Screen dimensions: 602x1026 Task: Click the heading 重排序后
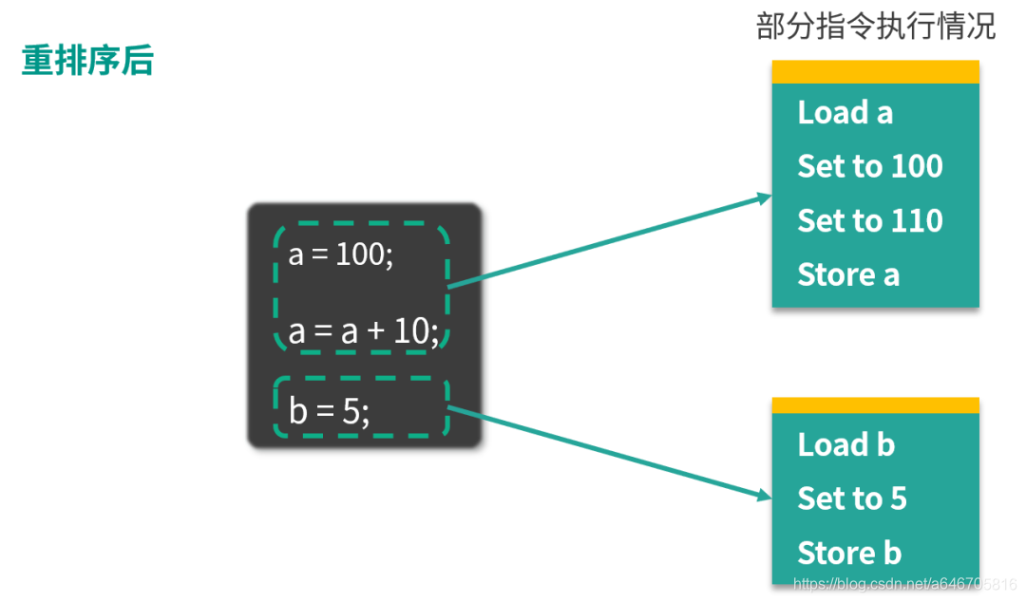pyautogui.click(x=87, y=61)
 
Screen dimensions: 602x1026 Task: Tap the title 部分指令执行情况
pyautogui.click(x=875, y=26)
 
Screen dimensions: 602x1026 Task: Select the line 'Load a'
pyautogui.click(x=845, y=112)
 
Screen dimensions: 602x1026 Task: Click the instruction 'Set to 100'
pyautogui.click(x=869, y=166)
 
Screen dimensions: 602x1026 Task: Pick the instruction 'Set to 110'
pyautogui.click(x=869, y=220)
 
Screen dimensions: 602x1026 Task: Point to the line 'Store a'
pyautogui.click(x=847, y=274)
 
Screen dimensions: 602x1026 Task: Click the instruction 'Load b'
pyautogui.click(x=845, y=444)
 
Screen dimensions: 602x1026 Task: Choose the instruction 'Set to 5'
pyautogui.click(x=851, y=499)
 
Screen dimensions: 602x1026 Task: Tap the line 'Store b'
pyautogui.click(x=849, y=553)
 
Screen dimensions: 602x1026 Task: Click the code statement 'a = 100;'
pyautogui.click(x=340, y=255)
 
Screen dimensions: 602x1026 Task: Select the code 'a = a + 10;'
pyautogui.click(x=364, y=332)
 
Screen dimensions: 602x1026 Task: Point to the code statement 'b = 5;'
pyautogui.click(x=329, y=411)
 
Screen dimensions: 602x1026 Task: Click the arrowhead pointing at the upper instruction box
pyautogui.click(x=763, y=198)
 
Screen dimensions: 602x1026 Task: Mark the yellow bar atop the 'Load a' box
pyautogui.click(x=875, y=72)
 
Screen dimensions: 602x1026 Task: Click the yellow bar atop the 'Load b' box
pyautogui.click(x=875, y=405)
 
